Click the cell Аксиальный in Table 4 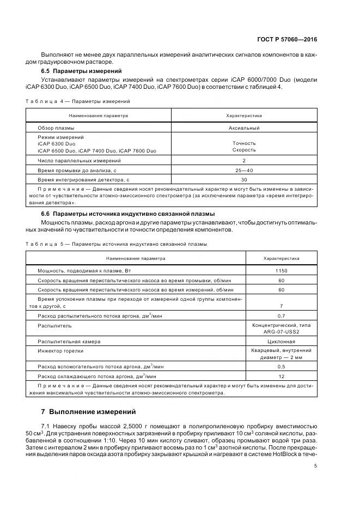244,128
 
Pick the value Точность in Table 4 244,143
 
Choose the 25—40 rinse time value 244,170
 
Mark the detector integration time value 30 244,179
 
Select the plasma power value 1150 281,271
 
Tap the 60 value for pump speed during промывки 281,280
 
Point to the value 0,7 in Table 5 281,316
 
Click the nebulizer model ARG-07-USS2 281,331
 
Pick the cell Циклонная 281,341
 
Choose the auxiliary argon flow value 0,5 281,367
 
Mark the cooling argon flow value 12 281,376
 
